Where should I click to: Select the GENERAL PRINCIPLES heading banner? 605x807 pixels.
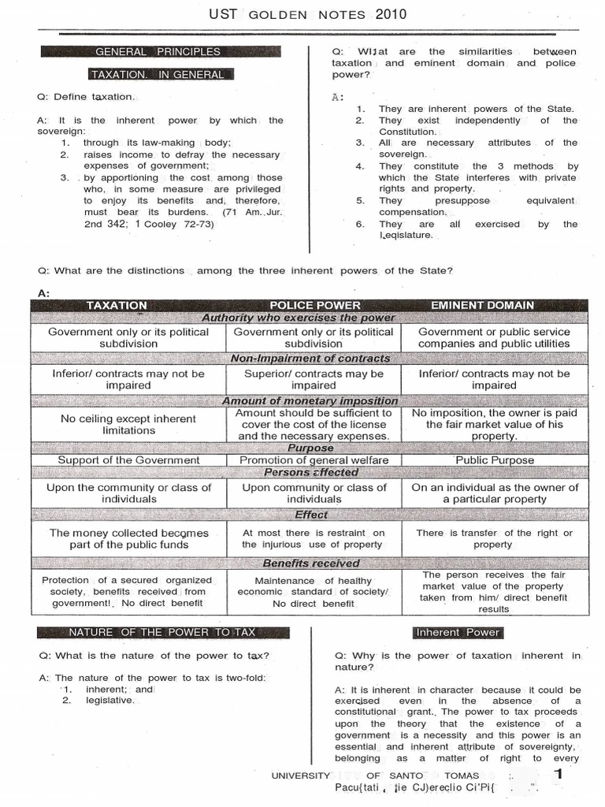tap(158, 52)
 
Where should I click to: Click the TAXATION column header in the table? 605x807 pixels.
tap(117, 305)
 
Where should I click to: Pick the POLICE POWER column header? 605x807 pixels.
tap(314, 305)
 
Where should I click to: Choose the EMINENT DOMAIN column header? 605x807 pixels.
tap(493, 305)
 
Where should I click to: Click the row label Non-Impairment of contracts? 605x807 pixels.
tap(310, 359)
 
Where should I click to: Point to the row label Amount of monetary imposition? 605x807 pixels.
tap(310, 400)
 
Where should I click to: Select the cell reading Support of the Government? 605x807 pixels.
tap(128, 460)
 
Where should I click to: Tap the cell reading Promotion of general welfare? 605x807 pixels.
tap(314, 460)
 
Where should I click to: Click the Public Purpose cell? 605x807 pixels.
tap(494, 460)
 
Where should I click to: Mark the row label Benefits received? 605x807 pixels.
tap(310, 563)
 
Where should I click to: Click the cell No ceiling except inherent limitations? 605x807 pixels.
tap(128, 425)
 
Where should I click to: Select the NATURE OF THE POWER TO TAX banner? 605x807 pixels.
tap(161, 632)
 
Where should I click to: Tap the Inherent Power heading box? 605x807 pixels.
tap(458, 632)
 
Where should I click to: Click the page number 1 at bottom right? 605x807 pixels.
tap(559, 775)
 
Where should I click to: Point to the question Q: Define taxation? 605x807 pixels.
tap(86, 97)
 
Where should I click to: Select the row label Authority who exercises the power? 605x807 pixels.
tap(310, 318)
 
